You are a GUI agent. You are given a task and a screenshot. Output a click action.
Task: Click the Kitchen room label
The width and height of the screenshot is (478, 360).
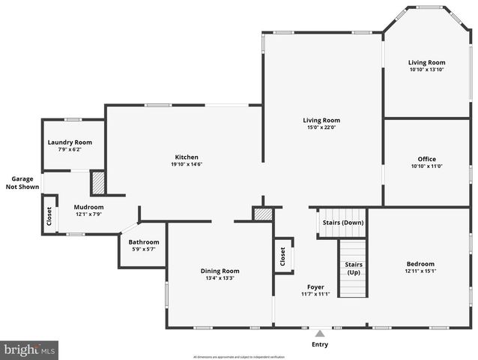[x=186, y=157]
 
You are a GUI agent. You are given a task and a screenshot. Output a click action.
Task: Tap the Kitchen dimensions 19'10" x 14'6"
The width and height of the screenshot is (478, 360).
[x=186, y=165]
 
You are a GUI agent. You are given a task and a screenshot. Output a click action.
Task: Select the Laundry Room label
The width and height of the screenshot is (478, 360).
[x=70, y=142]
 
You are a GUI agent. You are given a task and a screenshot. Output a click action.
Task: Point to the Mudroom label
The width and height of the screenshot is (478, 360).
[x=88, y=207]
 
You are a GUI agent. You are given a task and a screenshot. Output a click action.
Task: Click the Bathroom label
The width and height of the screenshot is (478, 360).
[x=143, y=242]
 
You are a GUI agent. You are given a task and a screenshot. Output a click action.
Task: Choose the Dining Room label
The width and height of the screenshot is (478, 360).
[x=220, y=271]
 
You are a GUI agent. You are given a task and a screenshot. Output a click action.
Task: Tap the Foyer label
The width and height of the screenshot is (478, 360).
[x=315, y=286]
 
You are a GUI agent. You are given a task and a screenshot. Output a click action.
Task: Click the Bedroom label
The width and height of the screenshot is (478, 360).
[x=420, y=264]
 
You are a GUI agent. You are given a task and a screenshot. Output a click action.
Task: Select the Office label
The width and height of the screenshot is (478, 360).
[x=426, y=159]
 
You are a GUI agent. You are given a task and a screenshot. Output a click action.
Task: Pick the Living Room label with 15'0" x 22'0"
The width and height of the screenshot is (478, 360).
[x=321, y=120]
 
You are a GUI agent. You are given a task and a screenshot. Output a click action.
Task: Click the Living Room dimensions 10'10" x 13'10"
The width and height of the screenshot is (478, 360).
[x=426, y=70]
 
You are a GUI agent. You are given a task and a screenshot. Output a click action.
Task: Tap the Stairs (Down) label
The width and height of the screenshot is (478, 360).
[x=343, y=223]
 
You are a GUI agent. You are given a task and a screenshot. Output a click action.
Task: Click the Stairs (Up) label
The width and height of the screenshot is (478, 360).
[x=354, y=268]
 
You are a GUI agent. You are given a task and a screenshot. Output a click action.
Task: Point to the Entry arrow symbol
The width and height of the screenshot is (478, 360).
[x=320, y=334]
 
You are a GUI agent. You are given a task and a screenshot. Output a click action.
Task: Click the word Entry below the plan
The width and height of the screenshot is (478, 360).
[x=320, y=345]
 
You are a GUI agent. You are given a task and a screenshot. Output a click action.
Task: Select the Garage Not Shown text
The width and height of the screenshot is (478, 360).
[x=22, y=183]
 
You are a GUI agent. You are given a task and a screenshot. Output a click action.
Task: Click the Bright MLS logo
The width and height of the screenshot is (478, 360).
[x=30, y=349]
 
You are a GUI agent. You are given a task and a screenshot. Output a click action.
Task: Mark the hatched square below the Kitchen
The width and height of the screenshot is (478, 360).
[x=262, y=214]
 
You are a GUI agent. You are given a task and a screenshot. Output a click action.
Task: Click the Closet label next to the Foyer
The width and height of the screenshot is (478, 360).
[x=282, y=256]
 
